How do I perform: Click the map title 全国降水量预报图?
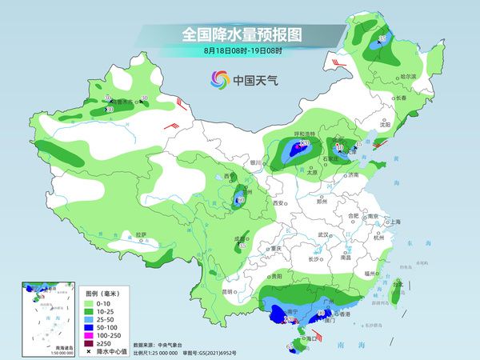pos(240,34)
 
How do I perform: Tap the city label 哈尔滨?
pos(409,76)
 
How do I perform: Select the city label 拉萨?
pos(141,234)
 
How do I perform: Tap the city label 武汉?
pos(324,234)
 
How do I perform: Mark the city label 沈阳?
pos(386,125)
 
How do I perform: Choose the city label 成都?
pos(238,238)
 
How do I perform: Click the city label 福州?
pos(370,274)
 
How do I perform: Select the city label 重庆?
pos(276,248)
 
